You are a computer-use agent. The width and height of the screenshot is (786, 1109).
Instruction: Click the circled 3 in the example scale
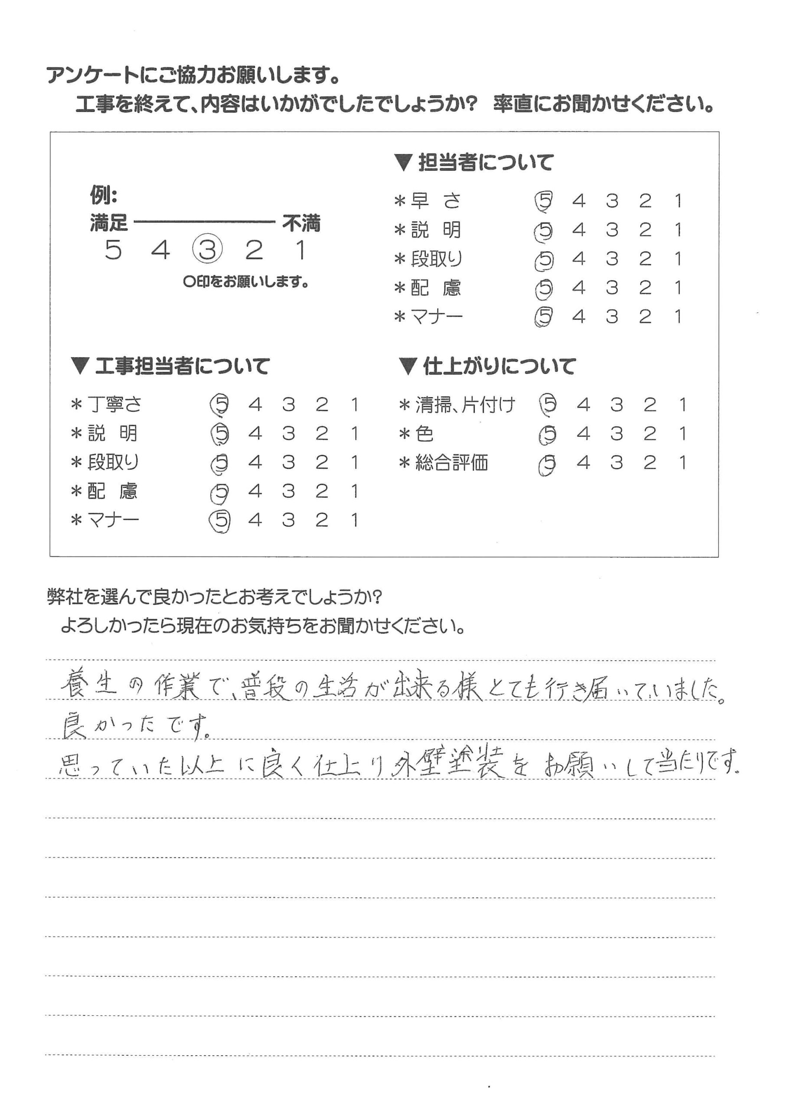(207, 250)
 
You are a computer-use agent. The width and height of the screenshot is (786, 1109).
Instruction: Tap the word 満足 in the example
(109, 224)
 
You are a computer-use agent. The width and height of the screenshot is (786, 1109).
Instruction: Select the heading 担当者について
(485, 162)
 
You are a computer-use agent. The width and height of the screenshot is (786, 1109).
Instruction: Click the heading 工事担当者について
(182, 366)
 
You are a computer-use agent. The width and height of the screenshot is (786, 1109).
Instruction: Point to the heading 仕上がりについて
(499, 366)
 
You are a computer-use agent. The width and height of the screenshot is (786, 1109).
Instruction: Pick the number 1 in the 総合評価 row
(682, 463)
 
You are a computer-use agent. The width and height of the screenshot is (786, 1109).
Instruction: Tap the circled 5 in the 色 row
(548, 435)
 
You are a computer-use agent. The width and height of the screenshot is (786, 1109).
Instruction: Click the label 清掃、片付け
(465, 405)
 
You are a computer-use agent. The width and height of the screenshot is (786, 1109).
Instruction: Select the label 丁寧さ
(114, 404)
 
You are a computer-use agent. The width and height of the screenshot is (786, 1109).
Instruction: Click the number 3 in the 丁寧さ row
(288, 404)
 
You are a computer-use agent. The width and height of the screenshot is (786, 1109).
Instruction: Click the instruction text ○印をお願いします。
(246, 282)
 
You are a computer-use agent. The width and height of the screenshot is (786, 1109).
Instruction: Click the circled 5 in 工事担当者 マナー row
(220, 521)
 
